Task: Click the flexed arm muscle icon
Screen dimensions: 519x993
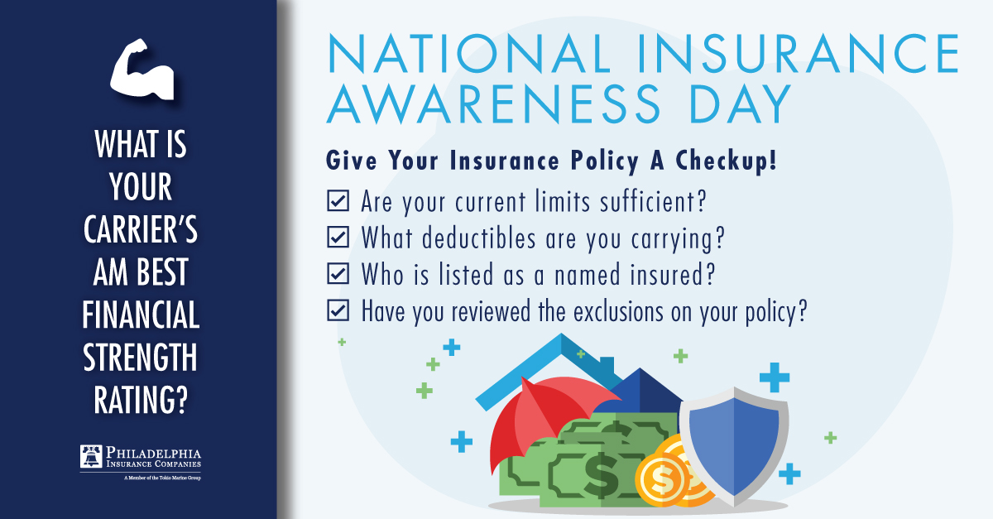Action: (142, 71)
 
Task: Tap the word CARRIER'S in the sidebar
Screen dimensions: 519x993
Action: (142, 231)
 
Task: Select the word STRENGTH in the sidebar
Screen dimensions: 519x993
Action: (142, 358)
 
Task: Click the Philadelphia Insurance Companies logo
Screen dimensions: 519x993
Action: (142, 460)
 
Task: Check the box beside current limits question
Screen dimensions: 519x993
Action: (338, 200)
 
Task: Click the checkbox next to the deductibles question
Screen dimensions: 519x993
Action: (338, 237)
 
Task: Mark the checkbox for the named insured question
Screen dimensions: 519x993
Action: (338, 273)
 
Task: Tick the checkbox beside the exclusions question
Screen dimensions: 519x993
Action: (338, 310)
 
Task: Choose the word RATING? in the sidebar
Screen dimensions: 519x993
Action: (142, 401)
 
